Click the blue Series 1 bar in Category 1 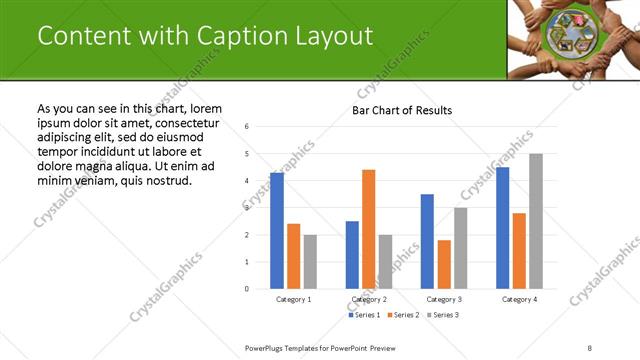click(x=277, y=231)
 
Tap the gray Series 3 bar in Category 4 click(x=536, y=221)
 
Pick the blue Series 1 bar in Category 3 click(x=427, y=241)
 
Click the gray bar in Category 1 click(x=310, y=262)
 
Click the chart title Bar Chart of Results click(x=402, y=110)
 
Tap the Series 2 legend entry click(x=403, y=315)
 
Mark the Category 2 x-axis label click(x=369, y=299)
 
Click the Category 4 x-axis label click(x=519, y=299)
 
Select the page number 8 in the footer click(x=590, y=347)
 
